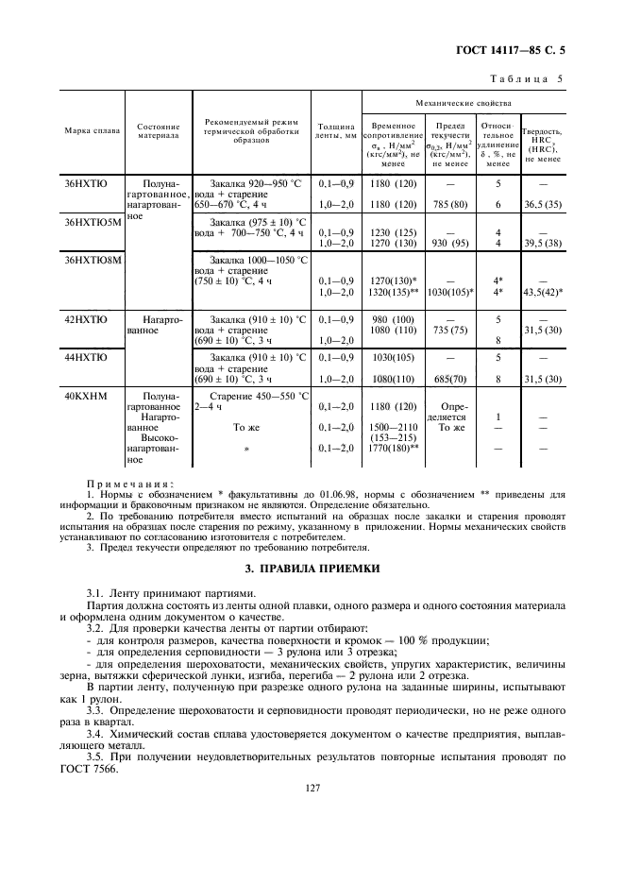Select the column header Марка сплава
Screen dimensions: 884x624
pyautogui.click(x=92, y=130)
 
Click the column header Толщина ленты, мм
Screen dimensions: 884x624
pyautogui.click(x=336, y=130)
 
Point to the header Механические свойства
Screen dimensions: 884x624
pyautogui.click(x=464, y=101)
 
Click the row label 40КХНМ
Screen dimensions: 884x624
pyautogui.click(x=85, y=397)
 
